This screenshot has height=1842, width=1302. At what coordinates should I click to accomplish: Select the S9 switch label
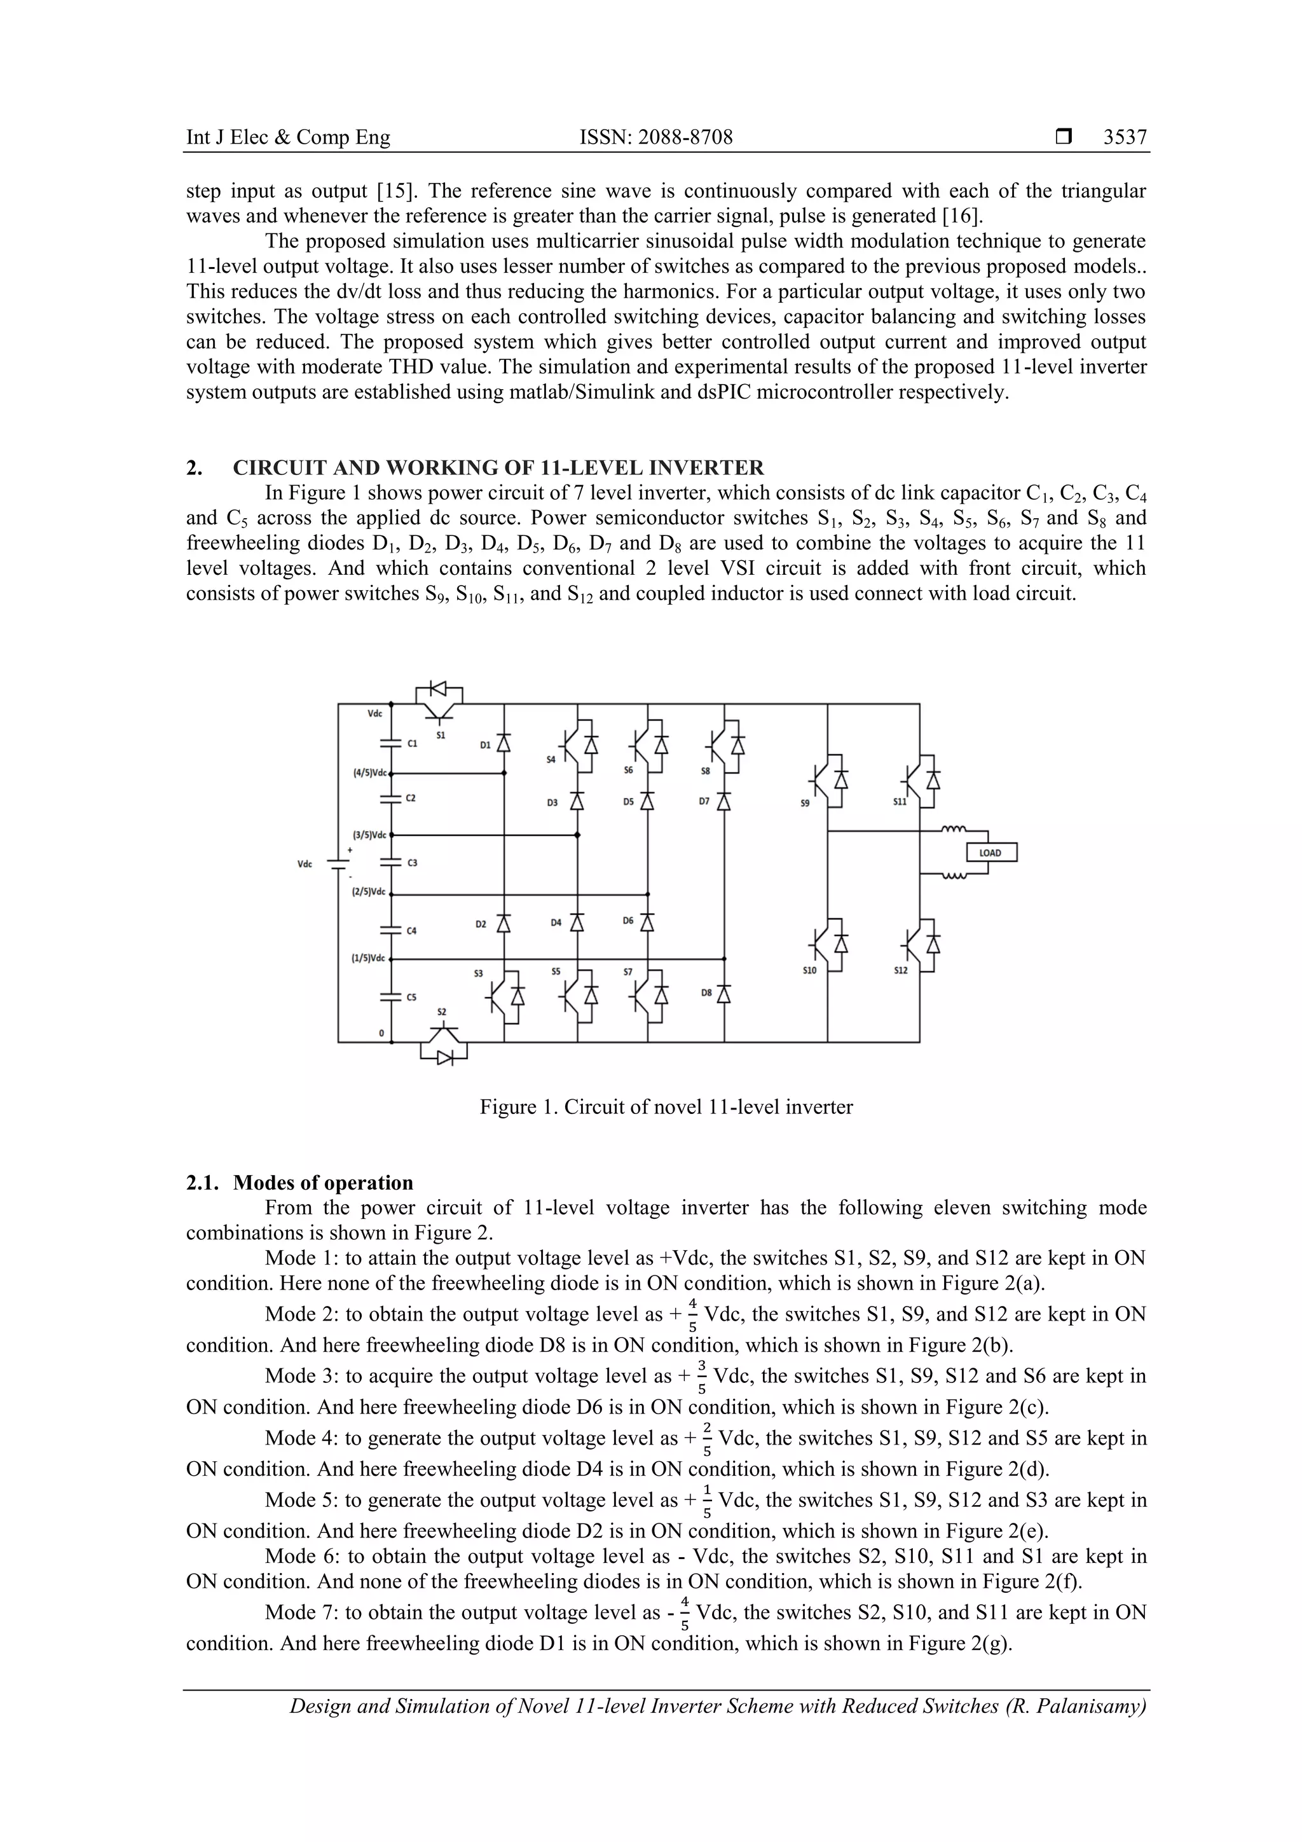(805, 801)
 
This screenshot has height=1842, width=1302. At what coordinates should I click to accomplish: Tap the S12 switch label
(901, 970)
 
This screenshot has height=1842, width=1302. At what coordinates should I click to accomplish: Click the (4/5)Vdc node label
(370, 773)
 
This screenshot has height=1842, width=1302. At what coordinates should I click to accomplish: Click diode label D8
(706, 993)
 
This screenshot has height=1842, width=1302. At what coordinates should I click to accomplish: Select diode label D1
(485, 745)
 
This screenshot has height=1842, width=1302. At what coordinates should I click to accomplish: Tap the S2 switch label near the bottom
(441, 1012)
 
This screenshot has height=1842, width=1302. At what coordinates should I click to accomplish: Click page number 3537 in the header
(1125, 137)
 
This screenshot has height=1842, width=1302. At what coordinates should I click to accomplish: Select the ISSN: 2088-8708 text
(655, 137)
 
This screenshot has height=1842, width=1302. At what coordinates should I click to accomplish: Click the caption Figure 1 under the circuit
(666, 1107)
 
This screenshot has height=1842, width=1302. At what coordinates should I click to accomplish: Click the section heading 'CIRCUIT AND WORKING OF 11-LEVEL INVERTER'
(498, 468)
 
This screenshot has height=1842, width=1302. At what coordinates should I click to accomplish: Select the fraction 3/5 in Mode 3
(702, 1377)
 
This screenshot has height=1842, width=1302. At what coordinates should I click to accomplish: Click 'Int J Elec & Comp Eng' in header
(288, 137)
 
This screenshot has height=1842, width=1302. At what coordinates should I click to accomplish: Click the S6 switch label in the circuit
(628, 770)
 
